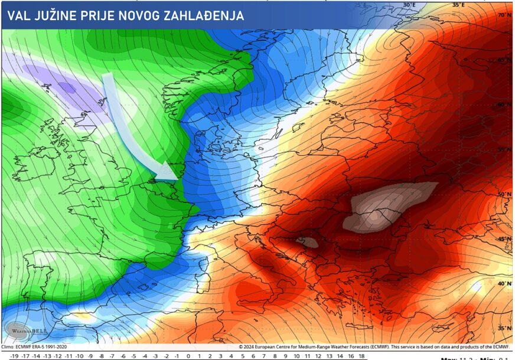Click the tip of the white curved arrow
(x=177, y=178)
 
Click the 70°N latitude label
(x=504, y=15)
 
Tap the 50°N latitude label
(x=504, y=194)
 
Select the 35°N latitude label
(x=504, y=328)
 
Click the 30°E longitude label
(x=409, y=5)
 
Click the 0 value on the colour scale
(x=188, y=356)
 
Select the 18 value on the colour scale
(x=361, y=356)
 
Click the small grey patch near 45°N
(x=308, y=241)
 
